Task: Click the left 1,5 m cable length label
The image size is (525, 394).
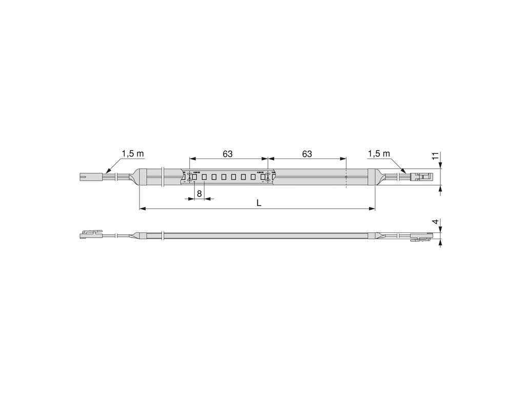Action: [132, 153]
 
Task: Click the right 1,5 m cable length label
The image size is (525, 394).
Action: [379, 153]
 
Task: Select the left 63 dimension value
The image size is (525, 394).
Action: [228, 153]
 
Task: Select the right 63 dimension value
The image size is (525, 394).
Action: [307, 153]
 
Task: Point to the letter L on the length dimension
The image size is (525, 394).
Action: [259, 203]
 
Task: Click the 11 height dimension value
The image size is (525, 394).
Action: [434, 156]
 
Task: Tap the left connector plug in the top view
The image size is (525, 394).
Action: [90, 177]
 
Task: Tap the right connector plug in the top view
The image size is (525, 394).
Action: [423, 177]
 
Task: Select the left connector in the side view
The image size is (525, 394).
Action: [90, 235]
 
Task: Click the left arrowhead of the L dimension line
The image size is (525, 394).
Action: [142, 208]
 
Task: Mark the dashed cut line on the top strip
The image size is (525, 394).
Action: [346, 177]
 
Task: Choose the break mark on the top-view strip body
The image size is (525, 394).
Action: [163, 177]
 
